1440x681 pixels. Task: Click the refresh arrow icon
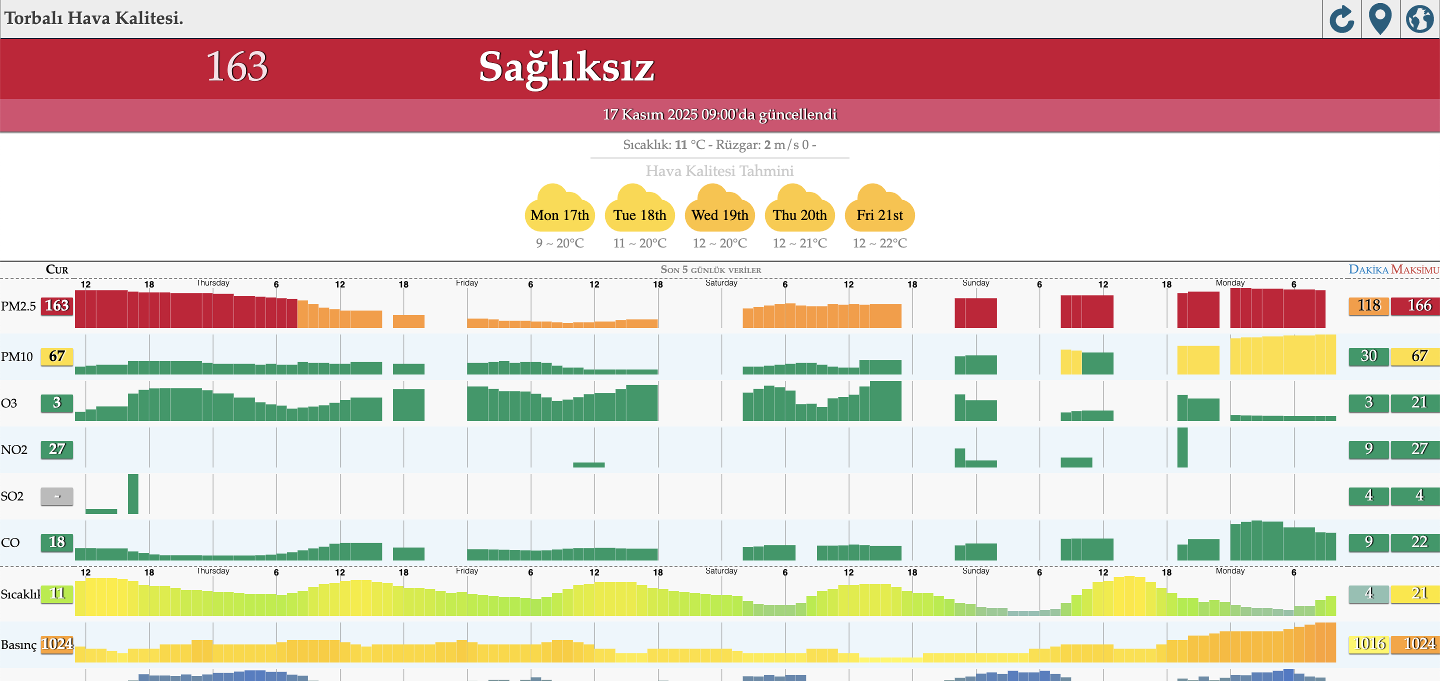(1341, 19)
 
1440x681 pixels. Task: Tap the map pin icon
(1380, 19)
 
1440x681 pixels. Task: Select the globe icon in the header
(1420, 19)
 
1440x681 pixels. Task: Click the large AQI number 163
(237, 66)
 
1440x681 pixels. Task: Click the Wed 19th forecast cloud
(720, 209)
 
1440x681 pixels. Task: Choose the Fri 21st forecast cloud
(880, 209)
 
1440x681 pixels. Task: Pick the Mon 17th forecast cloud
(559, 209)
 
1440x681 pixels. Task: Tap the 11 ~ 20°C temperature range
(639, 243)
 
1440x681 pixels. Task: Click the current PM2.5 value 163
(57, 306)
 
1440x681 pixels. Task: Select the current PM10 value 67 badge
(57, 356)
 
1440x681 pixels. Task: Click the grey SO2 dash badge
(57, 496)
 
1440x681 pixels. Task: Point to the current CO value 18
(57, 542)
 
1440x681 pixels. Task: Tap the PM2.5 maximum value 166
(1419, 305)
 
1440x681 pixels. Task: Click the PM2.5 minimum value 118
(1368, 305)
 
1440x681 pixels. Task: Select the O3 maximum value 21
(1419, 402)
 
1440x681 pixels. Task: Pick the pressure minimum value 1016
(1368, 643)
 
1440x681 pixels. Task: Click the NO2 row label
(14, 449)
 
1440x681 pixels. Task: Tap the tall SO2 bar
(133, 493)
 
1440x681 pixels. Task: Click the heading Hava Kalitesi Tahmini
(719, 171)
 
